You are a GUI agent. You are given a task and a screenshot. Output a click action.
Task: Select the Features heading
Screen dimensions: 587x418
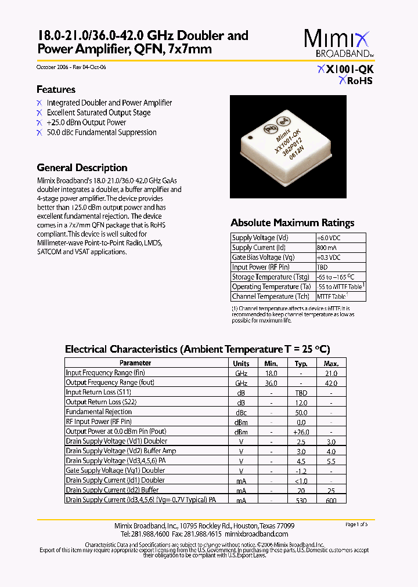[x=56, y=89]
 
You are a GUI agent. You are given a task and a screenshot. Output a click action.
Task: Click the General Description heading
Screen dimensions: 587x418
[x=82, y=168]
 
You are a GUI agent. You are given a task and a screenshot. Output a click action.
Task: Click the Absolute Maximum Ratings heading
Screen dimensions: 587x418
[x=292, y=223]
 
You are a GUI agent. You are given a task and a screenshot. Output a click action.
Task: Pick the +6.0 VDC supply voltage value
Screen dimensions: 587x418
[x=329, y=238]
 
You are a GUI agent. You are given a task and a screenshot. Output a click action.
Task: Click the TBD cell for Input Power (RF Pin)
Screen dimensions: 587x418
[x=322, y=267]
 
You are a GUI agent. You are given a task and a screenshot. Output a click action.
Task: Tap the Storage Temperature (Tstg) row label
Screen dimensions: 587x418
[x=270, y=277]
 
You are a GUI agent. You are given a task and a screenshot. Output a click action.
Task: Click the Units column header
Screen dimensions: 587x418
[x=241, y=363]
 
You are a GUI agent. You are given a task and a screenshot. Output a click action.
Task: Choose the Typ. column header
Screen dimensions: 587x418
[x=301, y=363]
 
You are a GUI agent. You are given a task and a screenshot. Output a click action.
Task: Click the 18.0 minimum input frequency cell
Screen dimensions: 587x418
[x=271, y=373]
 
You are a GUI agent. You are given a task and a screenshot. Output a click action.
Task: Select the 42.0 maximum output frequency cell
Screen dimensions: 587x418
[x=331, y=383]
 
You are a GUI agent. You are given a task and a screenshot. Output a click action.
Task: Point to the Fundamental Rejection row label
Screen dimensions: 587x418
[x=99, y=412]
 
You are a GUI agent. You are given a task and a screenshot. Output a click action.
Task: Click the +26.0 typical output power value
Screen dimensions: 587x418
[x=301, y=432]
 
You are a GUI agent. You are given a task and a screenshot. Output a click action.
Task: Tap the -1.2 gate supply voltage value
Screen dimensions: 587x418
[x=301, y=470]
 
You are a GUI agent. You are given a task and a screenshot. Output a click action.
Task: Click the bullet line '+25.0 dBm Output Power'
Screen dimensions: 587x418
[x=86, y=122]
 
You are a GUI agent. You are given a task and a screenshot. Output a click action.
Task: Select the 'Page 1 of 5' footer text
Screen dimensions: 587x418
[x=356, y=524]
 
